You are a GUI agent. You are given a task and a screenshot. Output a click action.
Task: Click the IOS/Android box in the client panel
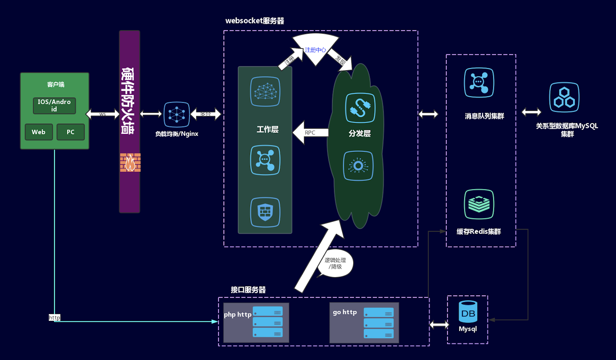(54, 105)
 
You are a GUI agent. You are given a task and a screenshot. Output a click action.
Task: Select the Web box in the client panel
(39, 132)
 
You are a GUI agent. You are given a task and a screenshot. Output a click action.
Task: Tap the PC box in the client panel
(71, 132)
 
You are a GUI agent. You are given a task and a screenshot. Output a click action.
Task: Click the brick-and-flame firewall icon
(130, 162)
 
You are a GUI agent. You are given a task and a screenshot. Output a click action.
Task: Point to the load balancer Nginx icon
(177, 114)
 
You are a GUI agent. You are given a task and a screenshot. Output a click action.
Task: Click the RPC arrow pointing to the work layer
(310, 133)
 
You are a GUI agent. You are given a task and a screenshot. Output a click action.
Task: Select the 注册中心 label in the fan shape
(315, 50)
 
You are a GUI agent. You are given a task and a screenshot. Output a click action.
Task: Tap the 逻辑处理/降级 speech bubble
(335, 264)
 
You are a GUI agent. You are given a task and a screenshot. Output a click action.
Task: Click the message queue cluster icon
(479, 83)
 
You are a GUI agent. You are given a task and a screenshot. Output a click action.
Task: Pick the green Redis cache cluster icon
(479, 204)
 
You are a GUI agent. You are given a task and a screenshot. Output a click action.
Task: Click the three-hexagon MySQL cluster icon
(564, 98)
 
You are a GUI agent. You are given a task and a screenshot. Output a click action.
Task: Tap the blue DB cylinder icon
(468, 312)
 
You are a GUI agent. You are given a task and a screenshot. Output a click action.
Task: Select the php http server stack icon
(268, 322)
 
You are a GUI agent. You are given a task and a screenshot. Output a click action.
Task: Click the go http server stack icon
(379, 323)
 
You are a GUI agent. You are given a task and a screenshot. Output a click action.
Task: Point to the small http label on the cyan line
(55, 317)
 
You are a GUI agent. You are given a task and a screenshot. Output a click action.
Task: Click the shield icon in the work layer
(265, 212)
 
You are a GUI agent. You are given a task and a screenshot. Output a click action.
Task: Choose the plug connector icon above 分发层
(360, 108)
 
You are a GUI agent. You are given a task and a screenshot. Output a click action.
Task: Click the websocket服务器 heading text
(255, 21)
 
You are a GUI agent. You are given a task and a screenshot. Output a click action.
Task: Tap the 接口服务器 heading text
(248, 290)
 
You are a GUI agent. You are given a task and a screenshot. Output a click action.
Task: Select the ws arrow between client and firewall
(103, 114)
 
